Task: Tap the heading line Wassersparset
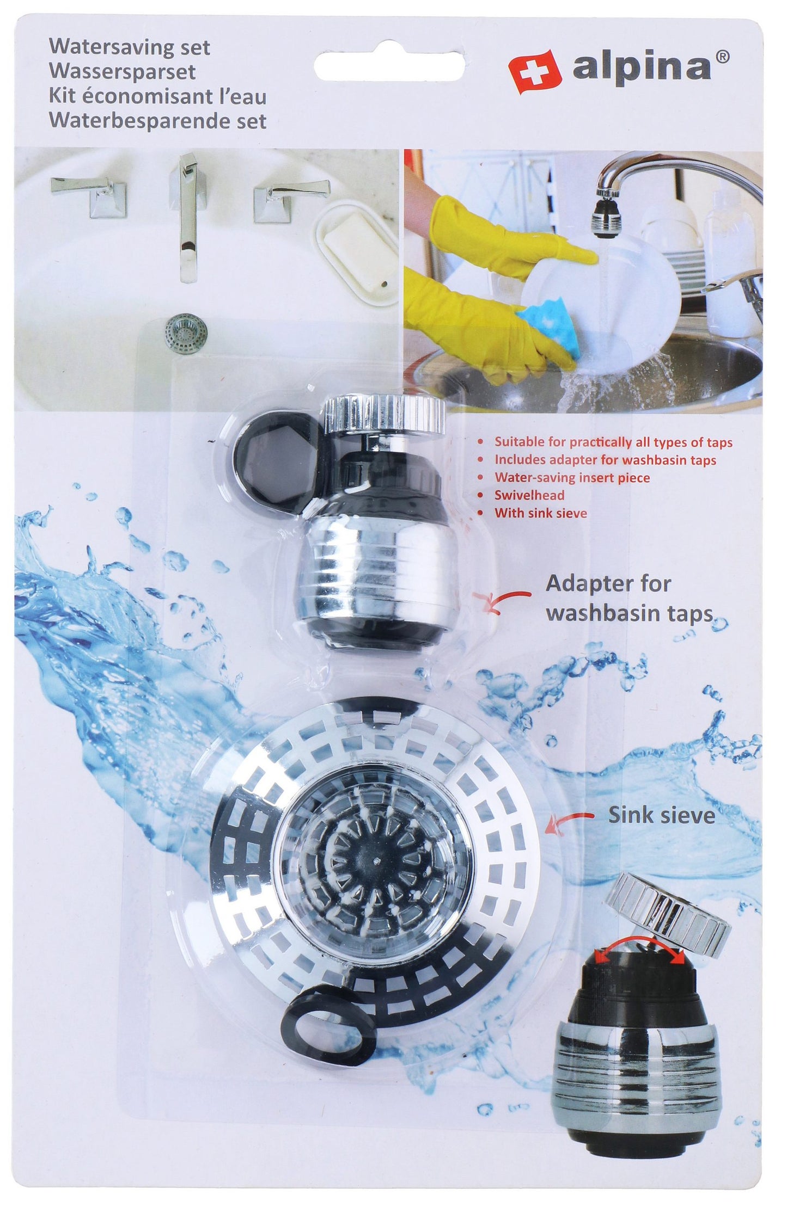coord(123,72)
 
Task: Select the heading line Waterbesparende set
coord(158,121)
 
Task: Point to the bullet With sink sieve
coord(540,513)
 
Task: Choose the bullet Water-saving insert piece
coord(572,478)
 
